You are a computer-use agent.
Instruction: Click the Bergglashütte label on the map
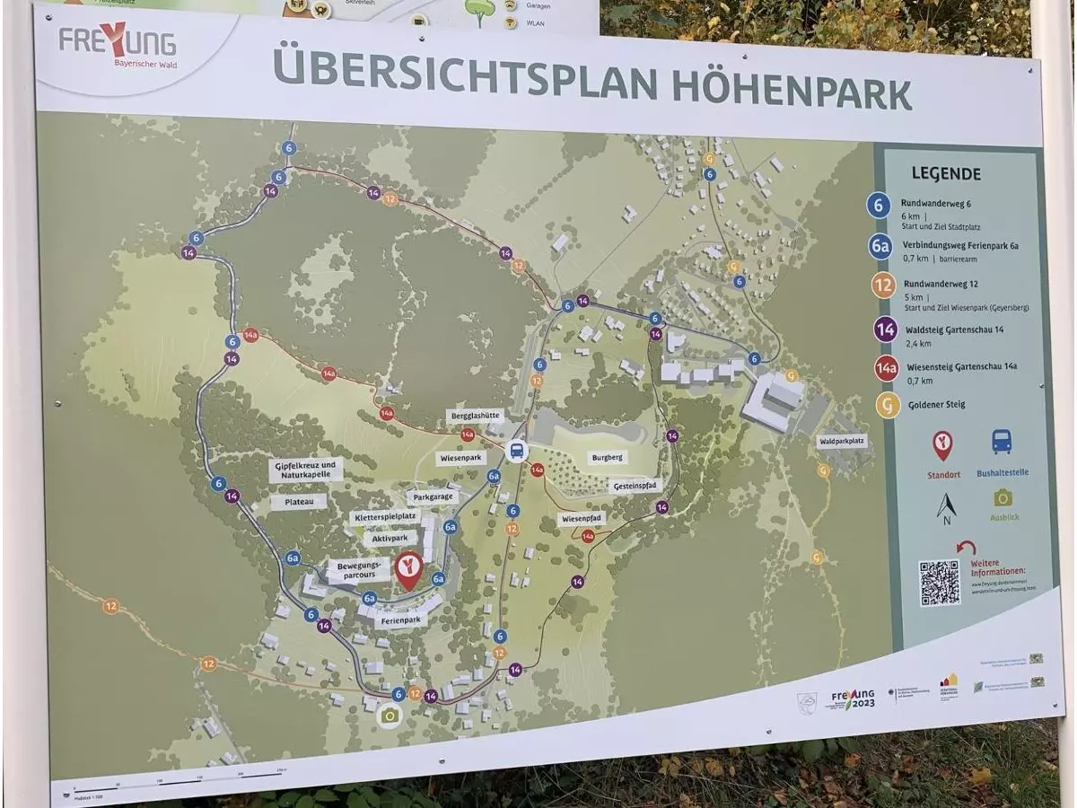(475, 417)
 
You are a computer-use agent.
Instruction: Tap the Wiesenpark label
(462, 458)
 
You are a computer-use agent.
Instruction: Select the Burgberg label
(608, 457)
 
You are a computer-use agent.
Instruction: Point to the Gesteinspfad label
(634, 486)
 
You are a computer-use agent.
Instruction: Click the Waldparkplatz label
(841, 442)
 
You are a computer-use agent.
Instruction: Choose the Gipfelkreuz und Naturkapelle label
(305, 470)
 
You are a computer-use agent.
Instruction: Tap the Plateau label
(299, 502)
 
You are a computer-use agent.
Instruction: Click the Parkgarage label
(433, 496)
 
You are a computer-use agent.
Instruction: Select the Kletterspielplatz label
(385, 517)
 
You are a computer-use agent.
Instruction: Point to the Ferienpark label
(400, 620)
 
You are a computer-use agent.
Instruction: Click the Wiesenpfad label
(582, 519)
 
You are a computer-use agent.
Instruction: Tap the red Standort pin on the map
(409, 569)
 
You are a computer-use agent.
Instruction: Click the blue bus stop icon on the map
(516, 451)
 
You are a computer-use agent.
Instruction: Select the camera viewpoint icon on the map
(389, 716)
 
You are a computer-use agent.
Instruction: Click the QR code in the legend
(939, 582)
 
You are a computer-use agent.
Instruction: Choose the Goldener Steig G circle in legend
(888, 406)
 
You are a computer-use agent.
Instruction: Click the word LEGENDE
(946, 174)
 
